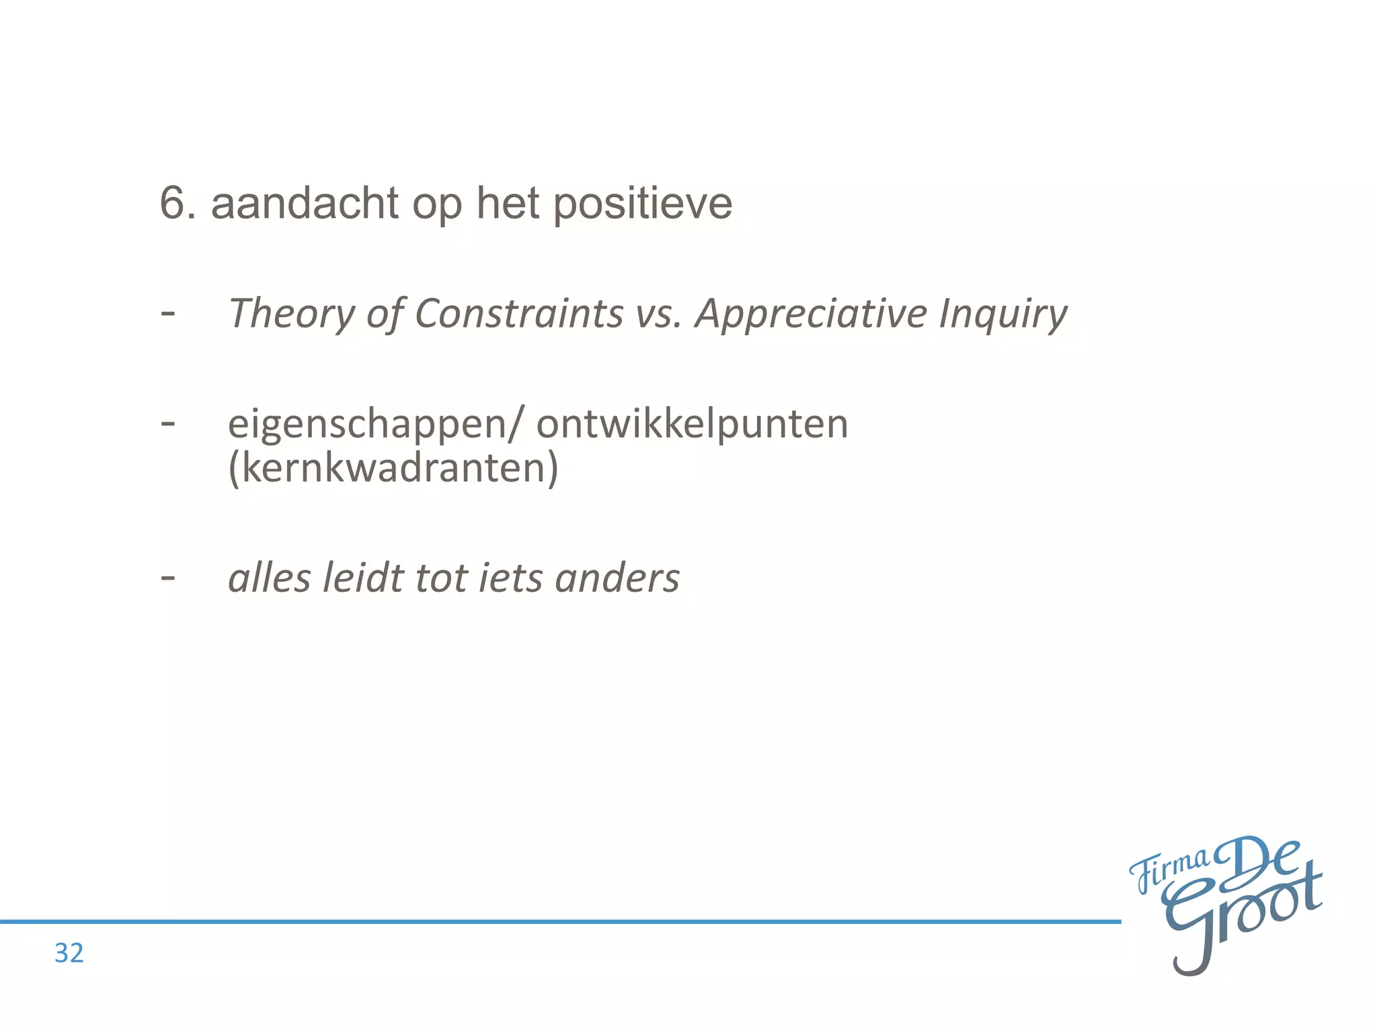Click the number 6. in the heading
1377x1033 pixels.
(178, 203)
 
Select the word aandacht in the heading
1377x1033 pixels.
(305, 203)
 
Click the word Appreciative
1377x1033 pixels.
(811, 314)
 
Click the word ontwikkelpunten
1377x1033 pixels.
(693, 425)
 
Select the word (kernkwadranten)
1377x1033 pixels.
(393, 467)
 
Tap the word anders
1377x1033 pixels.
(617, 578)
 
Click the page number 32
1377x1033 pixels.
(69, 953)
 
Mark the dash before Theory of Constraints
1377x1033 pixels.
(168, 313)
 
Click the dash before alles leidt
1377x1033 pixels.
(168, 577)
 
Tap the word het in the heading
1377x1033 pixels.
(508, 203)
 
